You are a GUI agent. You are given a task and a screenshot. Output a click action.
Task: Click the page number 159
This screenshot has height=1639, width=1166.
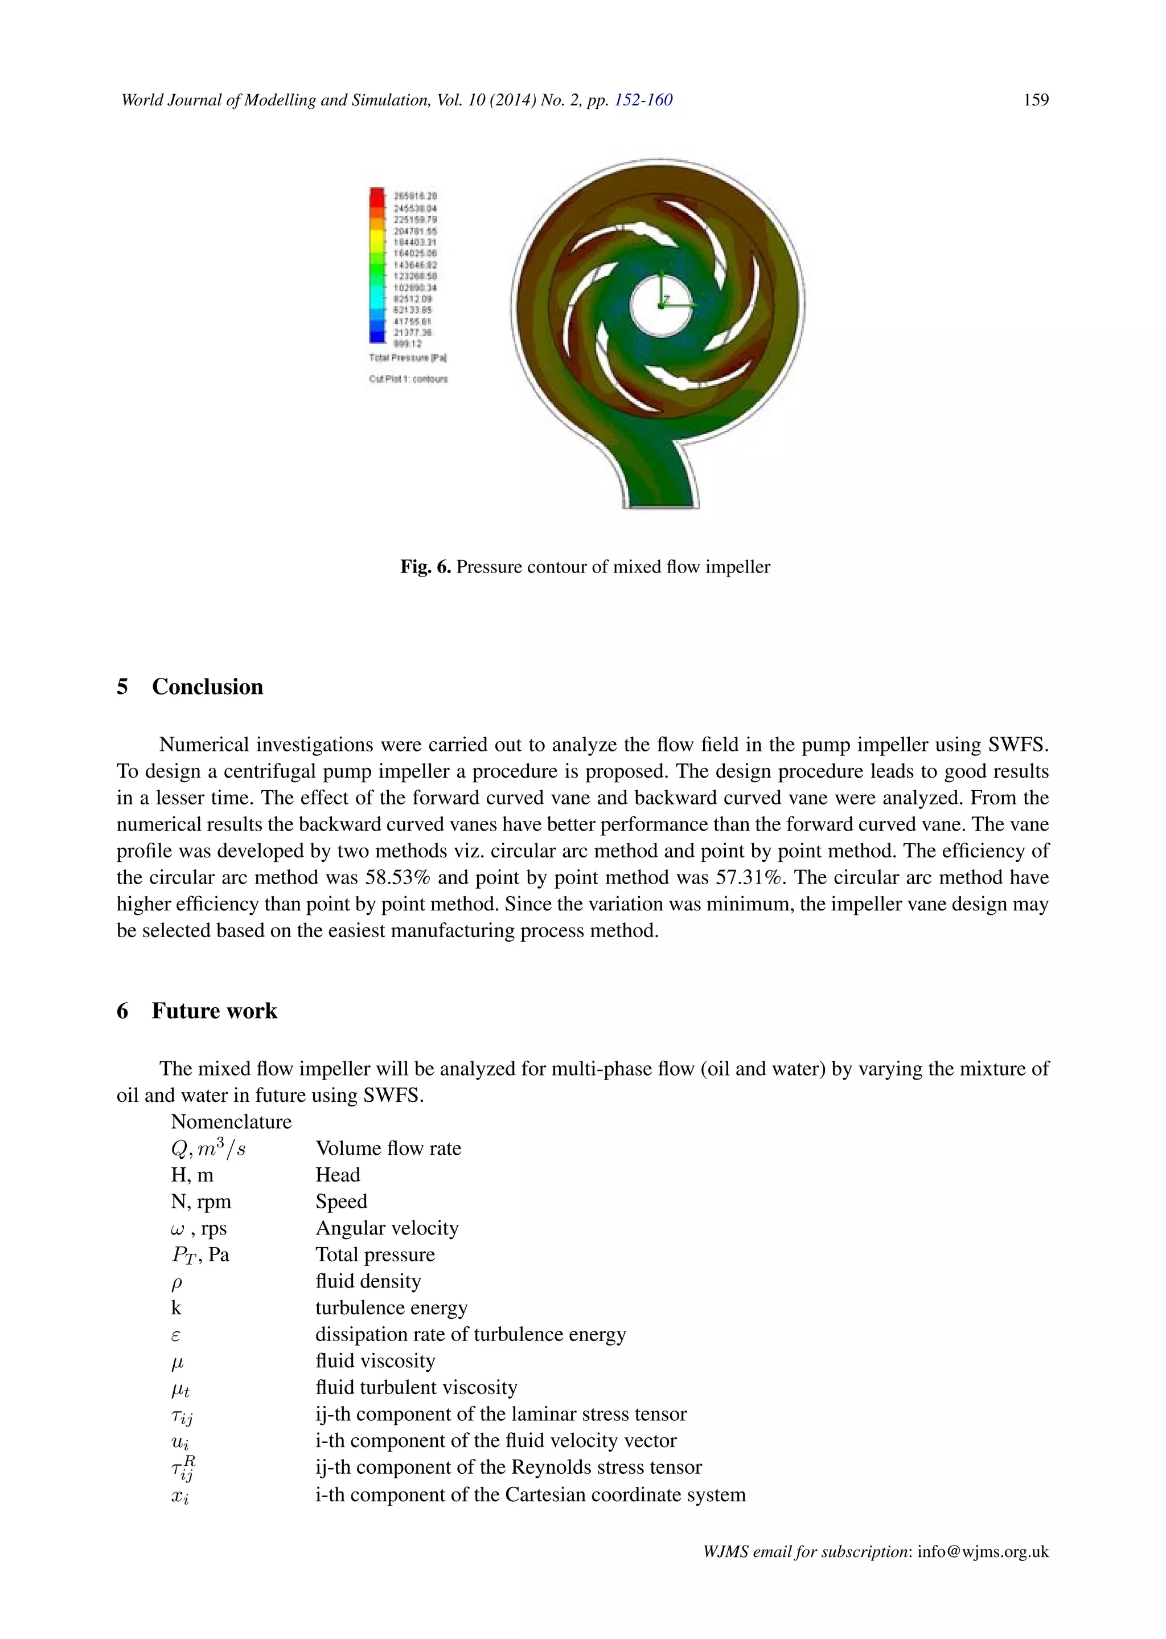[1035, 100]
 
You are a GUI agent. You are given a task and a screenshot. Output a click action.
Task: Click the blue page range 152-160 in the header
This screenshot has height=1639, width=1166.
[643, 100]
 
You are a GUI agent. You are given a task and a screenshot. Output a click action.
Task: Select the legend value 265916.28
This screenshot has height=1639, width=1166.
[416, 195]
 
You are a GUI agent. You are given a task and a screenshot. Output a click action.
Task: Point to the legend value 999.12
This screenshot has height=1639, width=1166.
[408, 344]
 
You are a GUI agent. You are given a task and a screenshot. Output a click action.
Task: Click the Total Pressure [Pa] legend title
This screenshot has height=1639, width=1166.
[408, 358]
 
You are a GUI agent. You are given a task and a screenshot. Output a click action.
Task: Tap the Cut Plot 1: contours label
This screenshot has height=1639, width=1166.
[408, 379]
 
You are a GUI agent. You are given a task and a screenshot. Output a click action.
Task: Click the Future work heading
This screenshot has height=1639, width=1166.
[214, 1011]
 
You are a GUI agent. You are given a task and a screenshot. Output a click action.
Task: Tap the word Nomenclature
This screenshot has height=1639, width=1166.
[231, 1122]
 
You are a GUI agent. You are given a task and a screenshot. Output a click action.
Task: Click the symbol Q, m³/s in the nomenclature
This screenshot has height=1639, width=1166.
[208, 1149]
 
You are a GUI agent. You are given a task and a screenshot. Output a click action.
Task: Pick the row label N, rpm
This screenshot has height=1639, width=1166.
[201, 1201]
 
